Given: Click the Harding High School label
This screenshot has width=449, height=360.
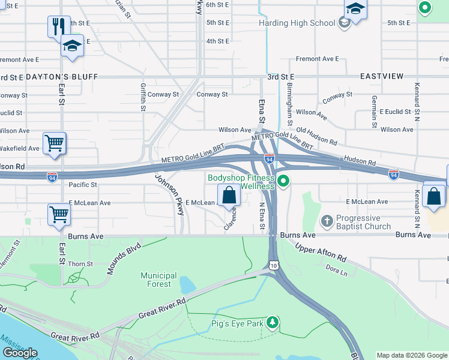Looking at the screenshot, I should pos(297,23).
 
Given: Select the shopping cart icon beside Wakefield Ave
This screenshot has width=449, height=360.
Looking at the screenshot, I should pos(54,143).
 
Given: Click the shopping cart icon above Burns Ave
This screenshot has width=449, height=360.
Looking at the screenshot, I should pos(59,214).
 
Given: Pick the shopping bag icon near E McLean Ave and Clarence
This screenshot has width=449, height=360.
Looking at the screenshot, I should pos(229,195).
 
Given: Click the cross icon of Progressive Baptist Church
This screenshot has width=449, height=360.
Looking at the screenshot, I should pos(327,221).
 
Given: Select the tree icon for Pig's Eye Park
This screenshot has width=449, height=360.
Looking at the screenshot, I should pos(273,323).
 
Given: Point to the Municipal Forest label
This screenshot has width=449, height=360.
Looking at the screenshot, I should pos(158,280).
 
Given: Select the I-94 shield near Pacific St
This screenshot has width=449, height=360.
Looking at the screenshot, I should pos(52,176).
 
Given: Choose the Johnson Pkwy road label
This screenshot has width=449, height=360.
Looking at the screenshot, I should pos(169,194).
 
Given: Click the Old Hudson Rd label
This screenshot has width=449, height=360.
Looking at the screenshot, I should pos(316,136).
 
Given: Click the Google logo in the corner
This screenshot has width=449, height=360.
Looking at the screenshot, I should pos(20,353).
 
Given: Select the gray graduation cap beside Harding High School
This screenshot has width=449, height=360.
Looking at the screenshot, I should pos(344,23).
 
